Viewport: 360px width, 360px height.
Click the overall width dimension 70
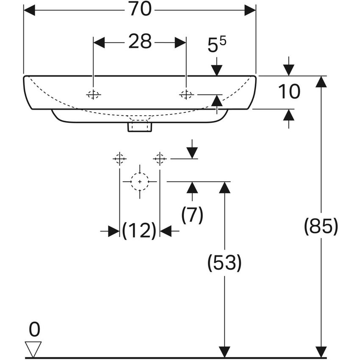pyautogui.click(x=140, y=9)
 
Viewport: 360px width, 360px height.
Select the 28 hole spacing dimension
pyautogui.click(x=140, y=42)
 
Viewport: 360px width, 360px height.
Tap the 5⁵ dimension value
pyautogui.click(x=216, y=44)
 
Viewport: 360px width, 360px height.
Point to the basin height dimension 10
pyautogui.click(x=289, y=91)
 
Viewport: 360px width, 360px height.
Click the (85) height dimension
pyautogui.click(x=321, y=227)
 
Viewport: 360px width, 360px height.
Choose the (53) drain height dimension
pyautogui.click(x=224, y=263)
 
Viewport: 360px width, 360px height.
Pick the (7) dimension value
pyautogui.click(x=192, y=216)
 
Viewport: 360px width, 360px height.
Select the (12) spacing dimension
pyautogui.click(x=139, y=231)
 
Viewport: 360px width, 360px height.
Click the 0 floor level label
pyautogui.click(x=33, y=330)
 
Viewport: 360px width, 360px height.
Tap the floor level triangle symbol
pyautogui.click(x=33, y=349)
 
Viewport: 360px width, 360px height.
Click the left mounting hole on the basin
pyautogui.click(x=93, y=94)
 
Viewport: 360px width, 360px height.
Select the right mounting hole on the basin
pyautogui.click(x=186, y=94)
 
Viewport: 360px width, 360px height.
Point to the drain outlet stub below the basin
pyautogui.click(x=139, y=126)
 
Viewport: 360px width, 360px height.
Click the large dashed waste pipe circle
pyautogui.click(x=139, y=181)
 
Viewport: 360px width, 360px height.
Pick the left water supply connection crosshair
pyautogui.click(x=119, y=159)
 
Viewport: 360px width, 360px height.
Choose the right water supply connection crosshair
pyautogui.click(x=160, y=159)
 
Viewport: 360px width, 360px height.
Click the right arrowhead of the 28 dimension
pyautogui.click(x=180, y=42)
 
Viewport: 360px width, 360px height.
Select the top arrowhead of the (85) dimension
pyautogui.click(x=321, y=81)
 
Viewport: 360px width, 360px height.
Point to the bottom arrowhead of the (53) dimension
pyautogui.click(x=224, y=352)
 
